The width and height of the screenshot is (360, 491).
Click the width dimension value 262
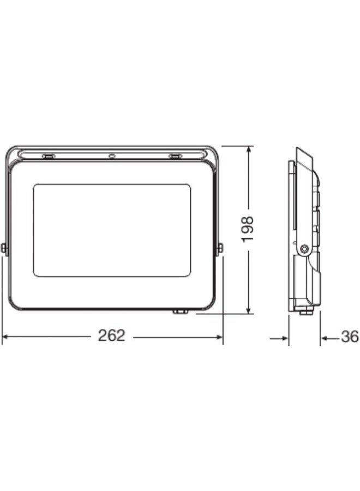(111, 336)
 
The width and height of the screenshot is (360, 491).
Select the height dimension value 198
(248, 229)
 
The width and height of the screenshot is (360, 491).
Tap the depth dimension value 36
(350, 337)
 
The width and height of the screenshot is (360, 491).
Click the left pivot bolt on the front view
(4, 249)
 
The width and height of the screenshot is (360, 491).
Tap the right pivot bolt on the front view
(220, 249)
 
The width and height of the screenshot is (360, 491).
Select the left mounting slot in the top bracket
(49, 157)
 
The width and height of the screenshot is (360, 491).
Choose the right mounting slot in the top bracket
(175, 157)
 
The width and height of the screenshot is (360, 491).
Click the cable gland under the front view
(180, 312)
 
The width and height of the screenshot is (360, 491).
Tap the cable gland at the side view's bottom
(305, 312)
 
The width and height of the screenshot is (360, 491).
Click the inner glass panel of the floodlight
(112, 230)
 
